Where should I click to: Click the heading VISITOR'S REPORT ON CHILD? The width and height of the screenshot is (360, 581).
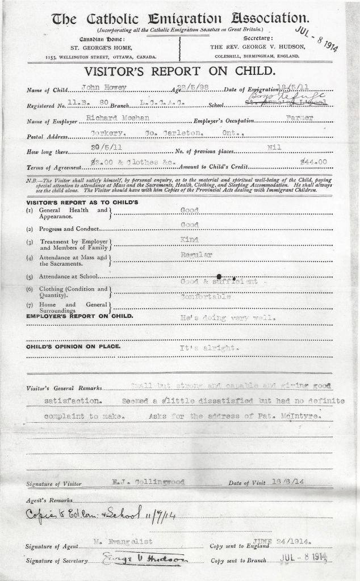(x=180, y=72)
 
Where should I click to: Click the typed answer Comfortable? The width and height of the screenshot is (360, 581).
(x=205, y=297)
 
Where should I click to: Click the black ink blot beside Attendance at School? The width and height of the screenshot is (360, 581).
(x=219, y=276)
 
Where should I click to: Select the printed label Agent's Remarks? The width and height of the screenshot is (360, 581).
(x=49, y=501)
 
